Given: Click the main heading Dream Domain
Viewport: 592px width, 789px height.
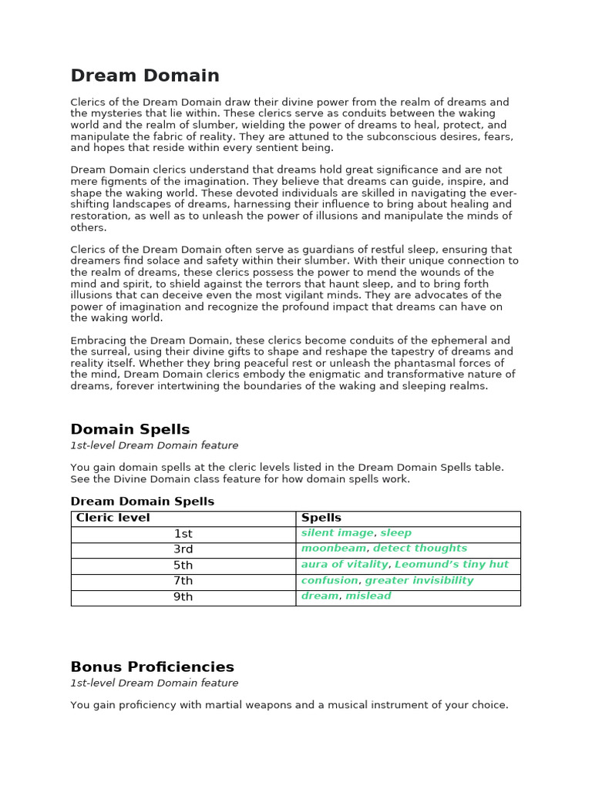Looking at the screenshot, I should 145,76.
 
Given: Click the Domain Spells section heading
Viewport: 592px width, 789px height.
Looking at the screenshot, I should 129,429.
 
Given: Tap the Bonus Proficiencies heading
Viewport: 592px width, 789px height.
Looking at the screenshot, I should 152,666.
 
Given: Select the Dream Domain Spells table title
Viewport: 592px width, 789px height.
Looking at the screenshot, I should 142,502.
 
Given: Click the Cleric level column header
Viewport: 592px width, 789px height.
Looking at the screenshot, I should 113,518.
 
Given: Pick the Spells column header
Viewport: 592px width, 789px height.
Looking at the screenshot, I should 321,518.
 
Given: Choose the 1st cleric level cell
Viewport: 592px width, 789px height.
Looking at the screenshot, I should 183,534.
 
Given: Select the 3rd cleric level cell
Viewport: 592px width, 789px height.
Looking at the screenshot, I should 183,549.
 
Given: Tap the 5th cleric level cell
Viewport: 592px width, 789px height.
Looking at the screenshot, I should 183,566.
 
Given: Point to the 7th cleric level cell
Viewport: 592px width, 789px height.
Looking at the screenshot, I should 183,581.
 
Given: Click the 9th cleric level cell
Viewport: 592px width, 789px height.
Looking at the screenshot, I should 183,597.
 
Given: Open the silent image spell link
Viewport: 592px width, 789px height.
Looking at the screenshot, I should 337,533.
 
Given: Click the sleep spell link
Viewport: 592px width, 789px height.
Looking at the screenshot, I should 396,533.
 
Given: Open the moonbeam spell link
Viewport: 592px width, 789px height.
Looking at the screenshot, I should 334,549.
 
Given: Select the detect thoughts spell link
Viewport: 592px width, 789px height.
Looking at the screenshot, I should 420,549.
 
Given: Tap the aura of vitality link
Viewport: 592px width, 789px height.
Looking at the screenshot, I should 344,565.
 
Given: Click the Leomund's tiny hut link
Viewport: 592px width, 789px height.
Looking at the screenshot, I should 452,565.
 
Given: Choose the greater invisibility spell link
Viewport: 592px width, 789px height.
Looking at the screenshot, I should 419,580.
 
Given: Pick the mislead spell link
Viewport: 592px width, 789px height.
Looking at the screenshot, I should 368,596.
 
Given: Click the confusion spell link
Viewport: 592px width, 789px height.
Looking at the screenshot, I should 329,580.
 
